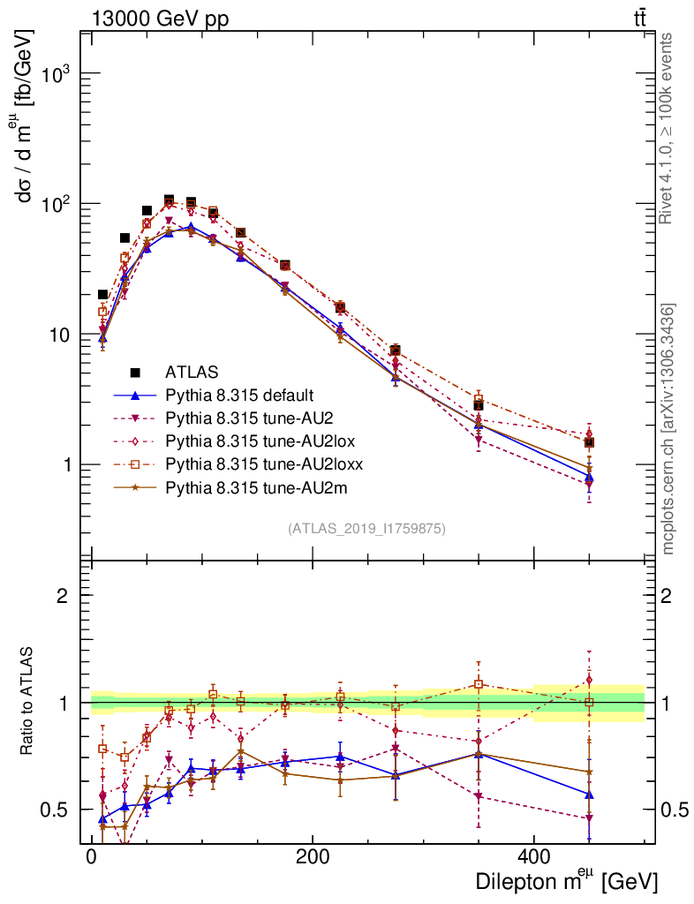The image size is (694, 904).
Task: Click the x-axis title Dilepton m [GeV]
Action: pyautogui.click(x=566, y=881)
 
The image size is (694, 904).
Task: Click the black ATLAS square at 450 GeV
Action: pyautogui.click(x=589, y=442)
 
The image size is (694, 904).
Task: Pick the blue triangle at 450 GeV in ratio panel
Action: pyautogui.click(x=589, y=795)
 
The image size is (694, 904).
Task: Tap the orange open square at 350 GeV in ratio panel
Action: pyautogui.click(x=479, y=684)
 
